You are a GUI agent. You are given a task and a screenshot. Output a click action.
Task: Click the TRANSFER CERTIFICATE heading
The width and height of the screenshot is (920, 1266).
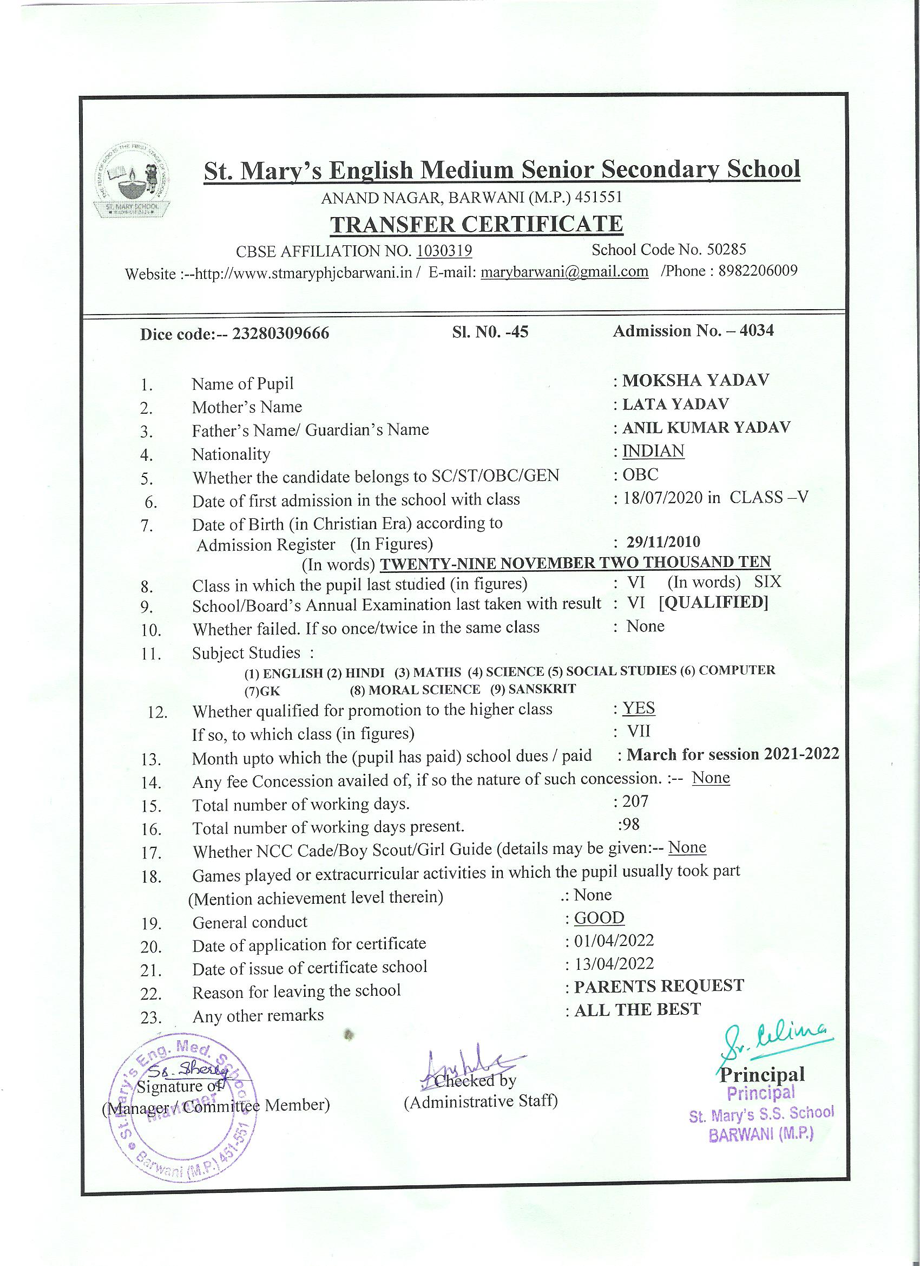coord(476,224)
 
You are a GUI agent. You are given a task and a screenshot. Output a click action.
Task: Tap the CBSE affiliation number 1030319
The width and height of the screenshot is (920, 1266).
coord(444,251)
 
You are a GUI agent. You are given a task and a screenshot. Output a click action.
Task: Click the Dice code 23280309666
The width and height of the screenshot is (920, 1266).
coord(281,334)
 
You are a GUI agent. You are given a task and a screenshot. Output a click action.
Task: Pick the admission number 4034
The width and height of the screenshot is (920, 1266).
coord(756,330)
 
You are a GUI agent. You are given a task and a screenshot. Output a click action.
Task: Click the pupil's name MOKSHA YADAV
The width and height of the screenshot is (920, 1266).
coord(695,381)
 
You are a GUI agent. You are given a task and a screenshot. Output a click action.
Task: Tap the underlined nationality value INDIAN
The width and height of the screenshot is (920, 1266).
coord(653,451)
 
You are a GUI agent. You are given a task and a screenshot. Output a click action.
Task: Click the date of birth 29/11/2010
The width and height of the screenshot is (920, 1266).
coord(663,541)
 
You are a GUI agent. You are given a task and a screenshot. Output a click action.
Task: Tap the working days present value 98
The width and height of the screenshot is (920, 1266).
coord(631,824)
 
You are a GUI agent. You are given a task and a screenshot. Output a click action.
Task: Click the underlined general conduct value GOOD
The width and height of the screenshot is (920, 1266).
coord(599,918)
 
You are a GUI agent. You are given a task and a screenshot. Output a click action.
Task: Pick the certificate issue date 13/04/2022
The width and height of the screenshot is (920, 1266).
coord(614,963)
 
